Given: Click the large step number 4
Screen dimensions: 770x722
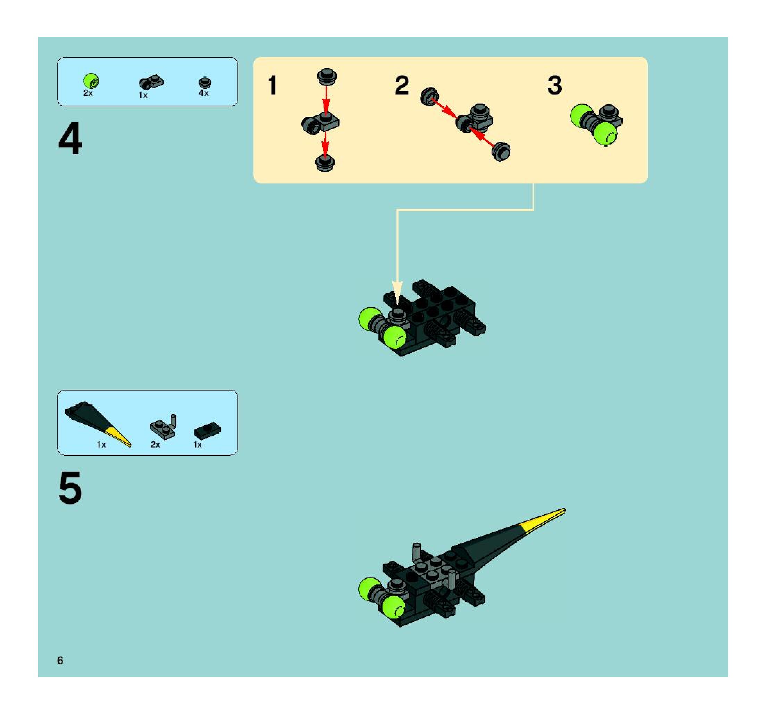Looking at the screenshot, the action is [70, 138].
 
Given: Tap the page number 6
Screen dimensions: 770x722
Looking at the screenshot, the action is [60, 661].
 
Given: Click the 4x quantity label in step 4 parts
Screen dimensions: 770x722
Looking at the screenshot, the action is [204, 93].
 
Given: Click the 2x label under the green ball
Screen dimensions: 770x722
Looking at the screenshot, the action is [88, 93].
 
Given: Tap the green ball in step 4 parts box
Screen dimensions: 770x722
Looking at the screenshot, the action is [91, 81].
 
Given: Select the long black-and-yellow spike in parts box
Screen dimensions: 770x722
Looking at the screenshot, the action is [97, 422].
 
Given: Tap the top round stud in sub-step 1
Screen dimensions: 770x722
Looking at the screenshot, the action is [327, 77].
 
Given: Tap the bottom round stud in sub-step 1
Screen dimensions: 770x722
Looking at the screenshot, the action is [325, 163].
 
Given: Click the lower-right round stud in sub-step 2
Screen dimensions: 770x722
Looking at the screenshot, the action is [501, 151].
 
